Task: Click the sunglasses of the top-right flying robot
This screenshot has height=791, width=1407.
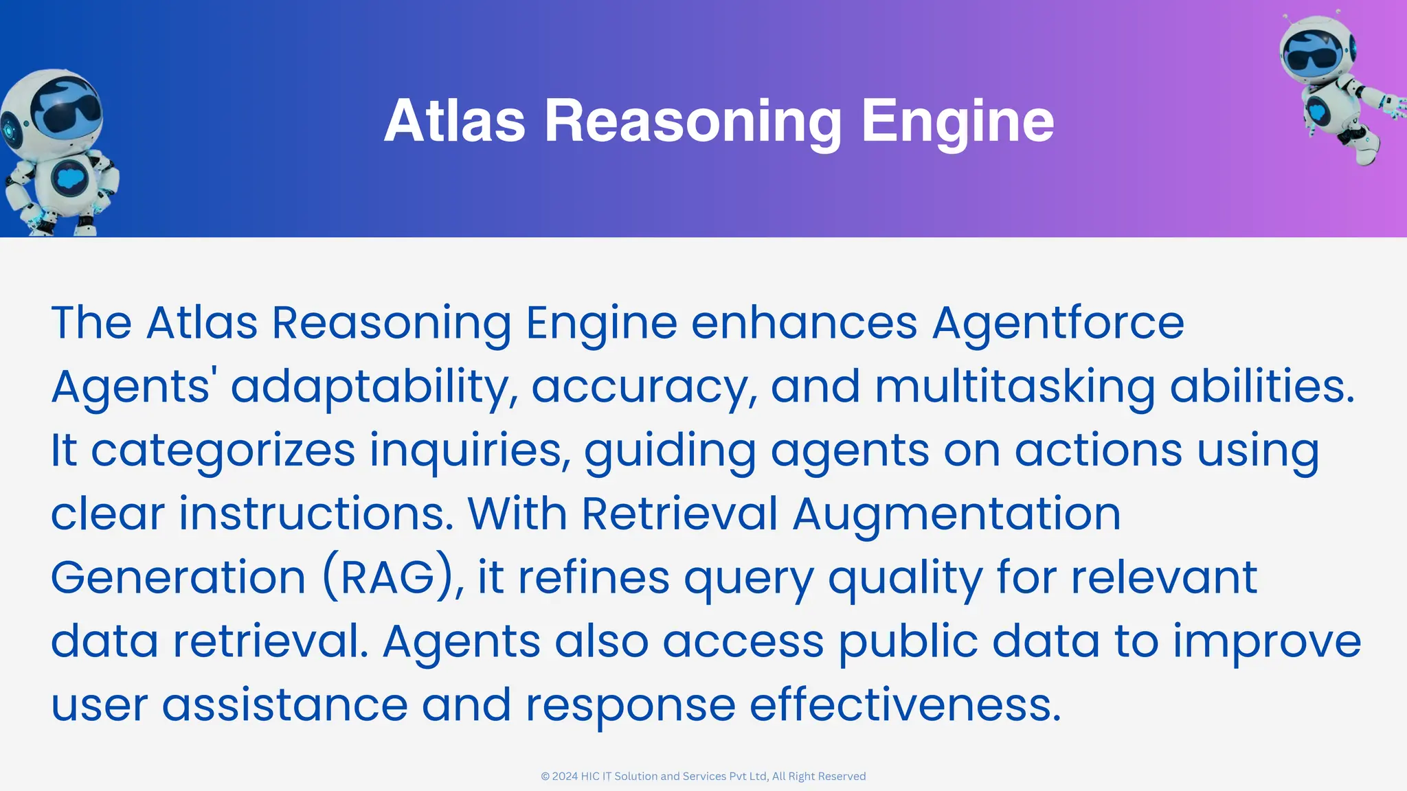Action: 1312,58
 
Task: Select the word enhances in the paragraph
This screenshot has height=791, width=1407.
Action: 804,322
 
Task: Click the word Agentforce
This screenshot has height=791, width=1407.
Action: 1058,322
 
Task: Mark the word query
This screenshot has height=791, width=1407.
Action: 749,578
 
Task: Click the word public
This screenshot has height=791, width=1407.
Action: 908,641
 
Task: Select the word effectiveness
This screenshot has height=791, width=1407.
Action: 905,704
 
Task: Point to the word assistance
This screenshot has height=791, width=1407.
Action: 284,704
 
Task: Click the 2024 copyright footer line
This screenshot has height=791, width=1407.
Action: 703,776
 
